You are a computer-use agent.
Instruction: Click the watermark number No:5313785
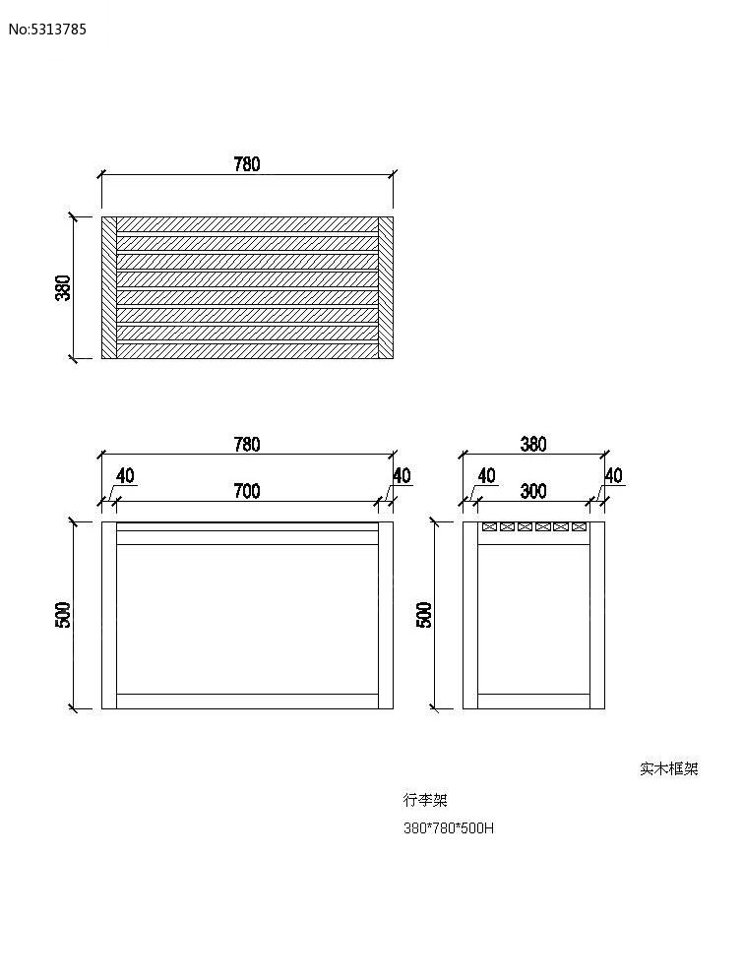coord(47,30)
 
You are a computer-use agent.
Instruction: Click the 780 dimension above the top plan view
coord(247,164)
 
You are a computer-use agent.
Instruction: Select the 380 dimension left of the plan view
coord(64,287)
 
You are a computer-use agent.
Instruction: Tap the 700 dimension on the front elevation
coord(247,492)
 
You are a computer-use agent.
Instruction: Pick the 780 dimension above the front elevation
coord(247,444)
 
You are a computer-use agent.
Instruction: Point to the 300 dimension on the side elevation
coord(533,492)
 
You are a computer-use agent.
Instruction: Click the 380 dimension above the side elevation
coord(533,444)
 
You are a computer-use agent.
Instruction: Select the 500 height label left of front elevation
coord(64,615)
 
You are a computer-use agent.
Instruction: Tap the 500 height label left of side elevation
coord(424,615)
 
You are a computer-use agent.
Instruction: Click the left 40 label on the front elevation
coord(125,476)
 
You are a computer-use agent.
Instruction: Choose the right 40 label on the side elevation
coord(614,476)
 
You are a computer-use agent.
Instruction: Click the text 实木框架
coord(669,768)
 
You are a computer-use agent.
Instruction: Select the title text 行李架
coord(425,800)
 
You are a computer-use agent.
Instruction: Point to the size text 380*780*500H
coord(449,828)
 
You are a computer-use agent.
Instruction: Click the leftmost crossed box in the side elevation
coord(489,527)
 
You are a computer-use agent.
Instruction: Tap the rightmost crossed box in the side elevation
coord(579,527)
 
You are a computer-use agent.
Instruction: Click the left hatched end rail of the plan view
coord(109,287)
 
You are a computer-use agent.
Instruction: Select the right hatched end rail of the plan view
coord(386,287)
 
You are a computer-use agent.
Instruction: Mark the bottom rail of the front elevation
coord(247,702)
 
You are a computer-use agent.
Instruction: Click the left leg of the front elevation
coord(109,615)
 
